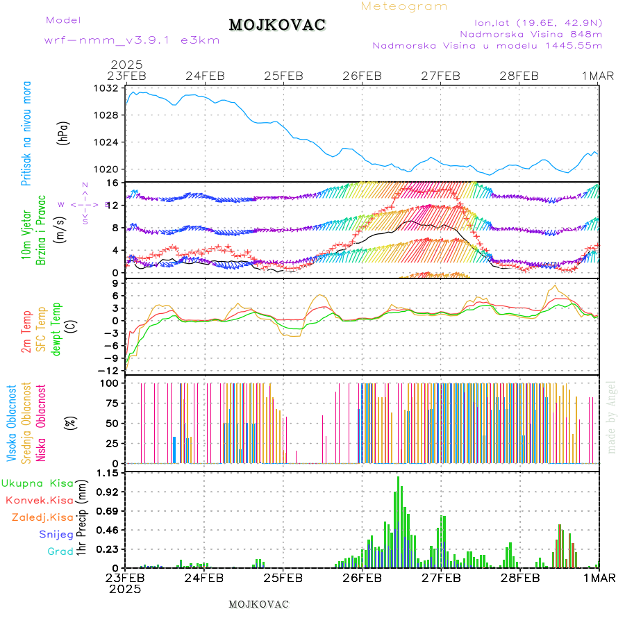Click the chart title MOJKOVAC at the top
click(277, 25)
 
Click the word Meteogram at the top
click(405, 6)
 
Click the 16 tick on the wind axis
click(110, 183)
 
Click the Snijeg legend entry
click(56, 534)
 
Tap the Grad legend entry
click(60, 551)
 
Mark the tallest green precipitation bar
click(398, 521)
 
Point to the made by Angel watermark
click(611, 417)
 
